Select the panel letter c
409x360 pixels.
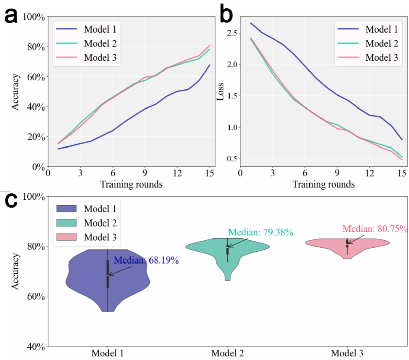coord(11,200)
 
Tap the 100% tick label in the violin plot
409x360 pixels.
coord(34,196)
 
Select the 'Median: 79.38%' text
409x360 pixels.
coord(260,232)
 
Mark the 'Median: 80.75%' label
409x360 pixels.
coord(375,229)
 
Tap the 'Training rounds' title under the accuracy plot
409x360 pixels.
coord(131,184)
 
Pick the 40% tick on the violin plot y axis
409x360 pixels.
coord(34,346)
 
